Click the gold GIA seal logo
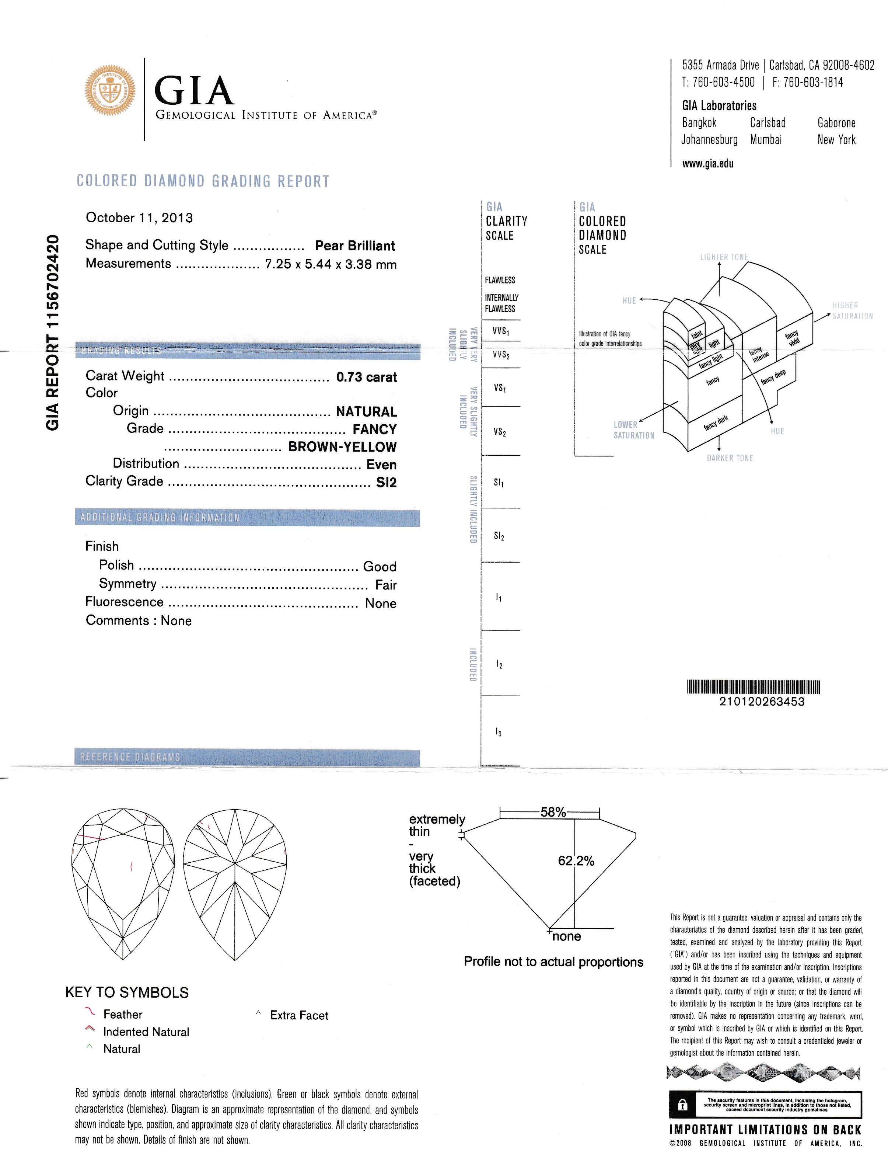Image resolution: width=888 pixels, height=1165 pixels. coord(109,90)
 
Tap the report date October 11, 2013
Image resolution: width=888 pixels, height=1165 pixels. coord(139,218)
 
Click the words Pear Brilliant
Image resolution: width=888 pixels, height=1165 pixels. coord(355,246)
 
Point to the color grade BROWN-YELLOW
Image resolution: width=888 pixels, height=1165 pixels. coord(342,446)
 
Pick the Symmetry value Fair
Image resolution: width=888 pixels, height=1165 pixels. coord(385,584)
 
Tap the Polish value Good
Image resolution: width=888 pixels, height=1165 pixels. coord(379,566)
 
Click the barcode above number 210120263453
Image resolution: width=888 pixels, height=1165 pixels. coord(753,686)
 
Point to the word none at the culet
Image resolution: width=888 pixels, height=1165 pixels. coord(567,936)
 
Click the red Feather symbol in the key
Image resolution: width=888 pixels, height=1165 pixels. coord(90,1012)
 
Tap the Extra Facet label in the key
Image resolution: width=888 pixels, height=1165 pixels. coord(299,1015)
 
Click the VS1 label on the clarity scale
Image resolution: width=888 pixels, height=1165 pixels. coord(500,388)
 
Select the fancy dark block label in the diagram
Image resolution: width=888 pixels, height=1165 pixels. coord(716,422)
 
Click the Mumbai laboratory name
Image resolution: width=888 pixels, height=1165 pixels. coord(765,140)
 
